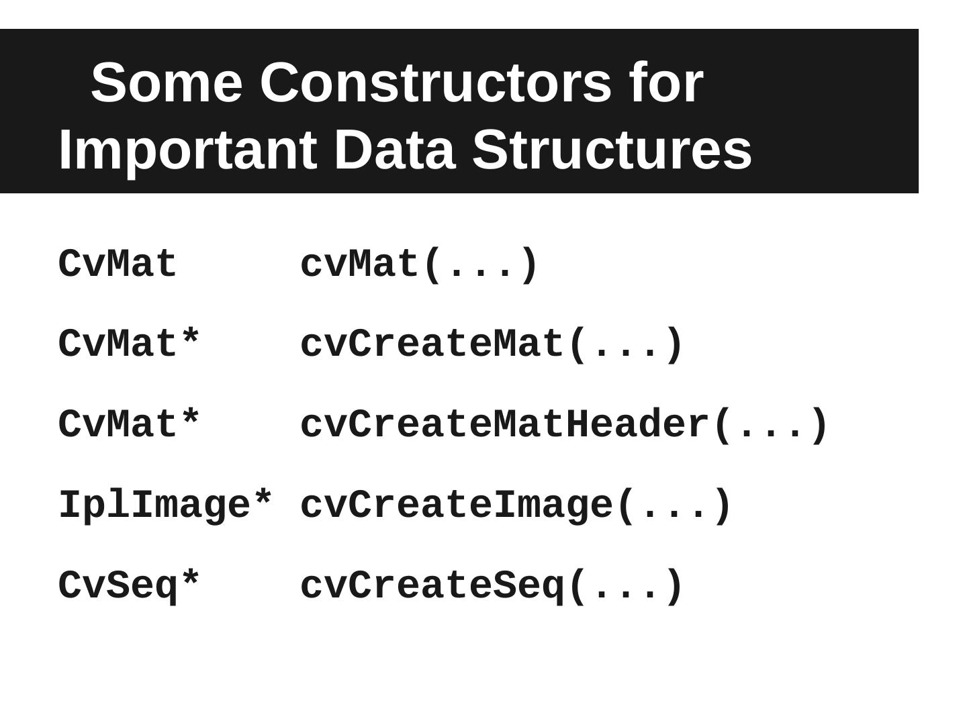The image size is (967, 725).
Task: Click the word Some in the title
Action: click(x=167, y=83)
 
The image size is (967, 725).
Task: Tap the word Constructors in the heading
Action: click(x=435, y=83)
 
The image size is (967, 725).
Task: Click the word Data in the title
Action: click(x=395, y=150)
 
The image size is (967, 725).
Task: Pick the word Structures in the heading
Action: click(x=612, y=150)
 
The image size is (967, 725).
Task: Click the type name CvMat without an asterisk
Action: click(x=118, y=264)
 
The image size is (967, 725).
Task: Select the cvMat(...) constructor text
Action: click(x=418, y=265)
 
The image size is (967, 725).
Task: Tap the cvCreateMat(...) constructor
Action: click(x=491, y=344)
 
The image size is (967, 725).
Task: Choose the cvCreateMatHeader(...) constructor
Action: click(x=564, y=425)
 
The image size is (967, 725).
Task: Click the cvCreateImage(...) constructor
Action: click(x=516, y=505)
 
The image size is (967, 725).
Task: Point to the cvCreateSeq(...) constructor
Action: click(x=491, y=586)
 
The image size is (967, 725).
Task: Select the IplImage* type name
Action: click(x=165, y=505)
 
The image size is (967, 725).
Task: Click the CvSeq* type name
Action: click(x=129, y=586)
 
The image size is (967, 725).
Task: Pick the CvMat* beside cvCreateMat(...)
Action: click(x=129, y=343)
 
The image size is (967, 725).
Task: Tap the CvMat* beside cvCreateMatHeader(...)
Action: click(x=129, y=424)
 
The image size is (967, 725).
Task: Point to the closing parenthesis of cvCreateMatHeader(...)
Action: click(x=820, y=425)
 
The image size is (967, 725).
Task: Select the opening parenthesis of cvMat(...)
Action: click(x=432, y=265)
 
